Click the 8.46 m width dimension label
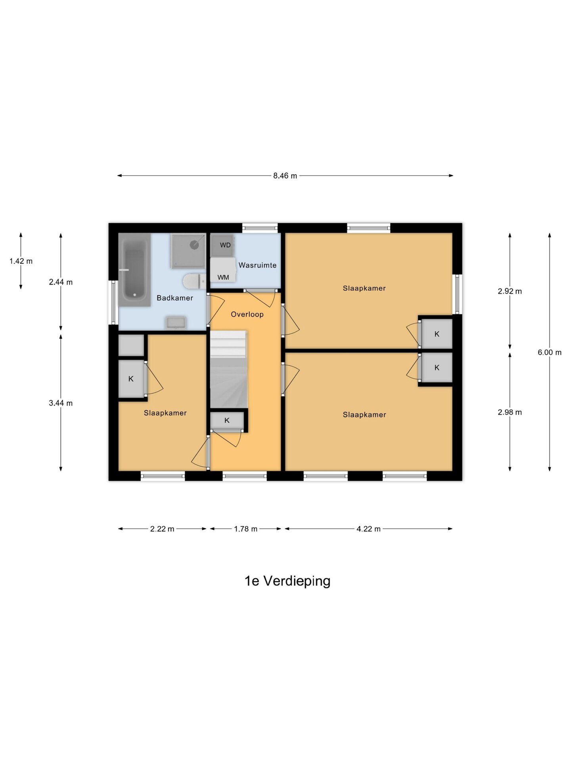(285, 176)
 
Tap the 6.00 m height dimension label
(550, 352)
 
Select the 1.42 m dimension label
(21, 261)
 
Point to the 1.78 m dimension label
(245, 529)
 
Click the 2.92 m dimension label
(510, 291)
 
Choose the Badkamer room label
(175, 298)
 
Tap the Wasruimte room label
(257, 265)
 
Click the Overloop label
(247, 314)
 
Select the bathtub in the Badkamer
(134, 270)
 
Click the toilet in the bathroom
(194, 281)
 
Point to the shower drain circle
(194, 245)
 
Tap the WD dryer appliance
(222, 245)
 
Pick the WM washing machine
(223, 270)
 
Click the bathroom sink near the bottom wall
(176, 323)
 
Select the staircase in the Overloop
(229, 369)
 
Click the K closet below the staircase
(227, 421)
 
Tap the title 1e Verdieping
(287, 581)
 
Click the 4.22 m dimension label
(368, 529)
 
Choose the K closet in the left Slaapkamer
(131, 379)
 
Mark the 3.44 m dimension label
(61, 403)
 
